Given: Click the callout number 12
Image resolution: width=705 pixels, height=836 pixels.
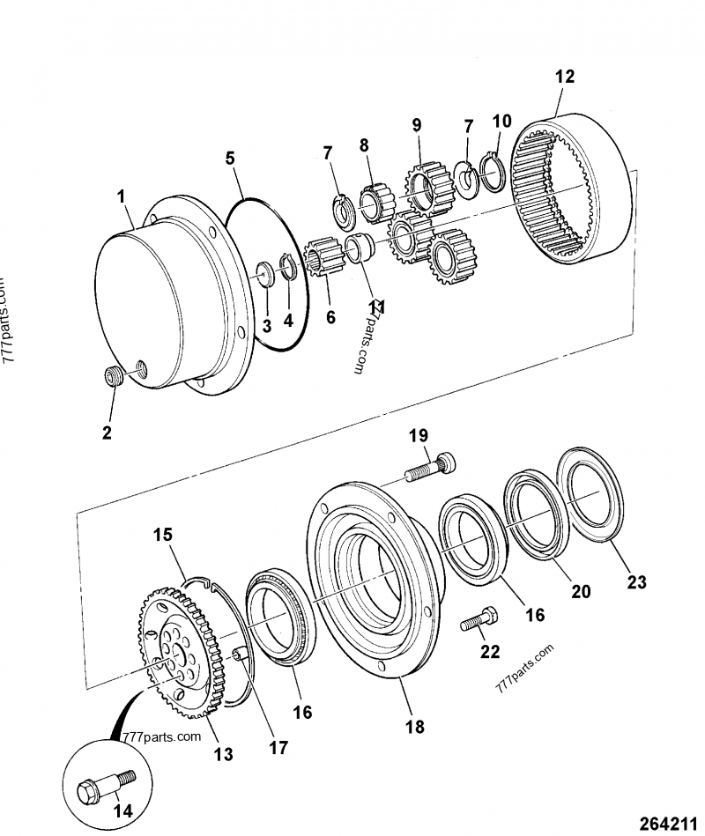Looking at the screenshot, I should point(564,77).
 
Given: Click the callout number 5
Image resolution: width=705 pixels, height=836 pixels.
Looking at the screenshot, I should point(229,159).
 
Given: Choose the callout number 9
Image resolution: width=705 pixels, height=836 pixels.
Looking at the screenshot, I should point(417,125).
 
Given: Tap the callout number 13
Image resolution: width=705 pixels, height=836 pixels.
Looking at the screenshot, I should point(223,753).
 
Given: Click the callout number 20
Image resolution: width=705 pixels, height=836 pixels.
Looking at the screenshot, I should point(581,592).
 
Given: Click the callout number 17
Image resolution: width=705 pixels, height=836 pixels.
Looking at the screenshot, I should point(278,748).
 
